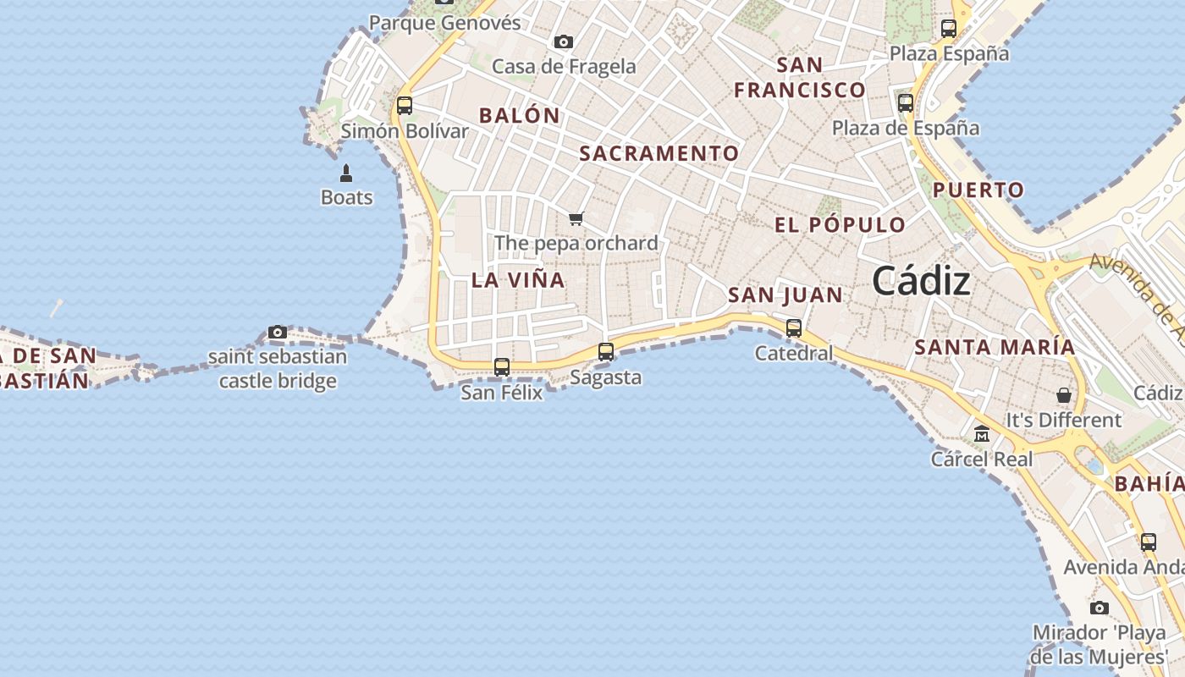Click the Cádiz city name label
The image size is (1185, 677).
(921, 281)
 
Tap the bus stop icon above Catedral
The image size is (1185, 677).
(794, 327)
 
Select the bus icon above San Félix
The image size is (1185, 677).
(502, 366)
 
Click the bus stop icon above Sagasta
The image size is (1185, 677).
(606, 351)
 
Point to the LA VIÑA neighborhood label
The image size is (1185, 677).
(518, 280)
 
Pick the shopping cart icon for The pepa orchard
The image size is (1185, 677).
(576, 218)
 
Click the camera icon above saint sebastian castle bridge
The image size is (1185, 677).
(278, 332)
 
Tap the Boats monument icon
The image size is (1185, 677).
(346, 173)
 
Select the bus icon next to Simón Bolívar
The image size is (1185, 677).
(405, 106)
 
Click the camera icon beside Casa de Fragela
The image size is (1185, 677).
(564, 41)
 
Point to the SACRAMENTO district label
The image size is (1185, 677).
(659, 153)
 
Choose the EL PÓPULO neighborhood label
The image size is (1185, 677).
(841, 225)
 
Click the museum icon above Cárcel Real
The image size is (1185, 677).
(982, 434)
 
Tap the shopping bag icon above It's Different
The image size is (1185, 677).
(1064, 395)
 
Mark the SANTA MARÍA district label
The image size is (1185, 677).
(995, 347)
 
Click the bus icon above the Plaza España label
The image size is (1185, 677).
(949, 29)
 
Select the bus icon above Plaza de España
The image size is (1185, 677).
(906, 103)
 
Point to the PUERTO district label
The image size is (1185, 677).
(978, 190)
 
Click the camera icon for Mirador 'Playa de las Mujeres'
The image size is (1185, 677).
(1100, 608)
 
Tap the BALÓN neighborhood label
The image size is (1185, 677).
(520, 116)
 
